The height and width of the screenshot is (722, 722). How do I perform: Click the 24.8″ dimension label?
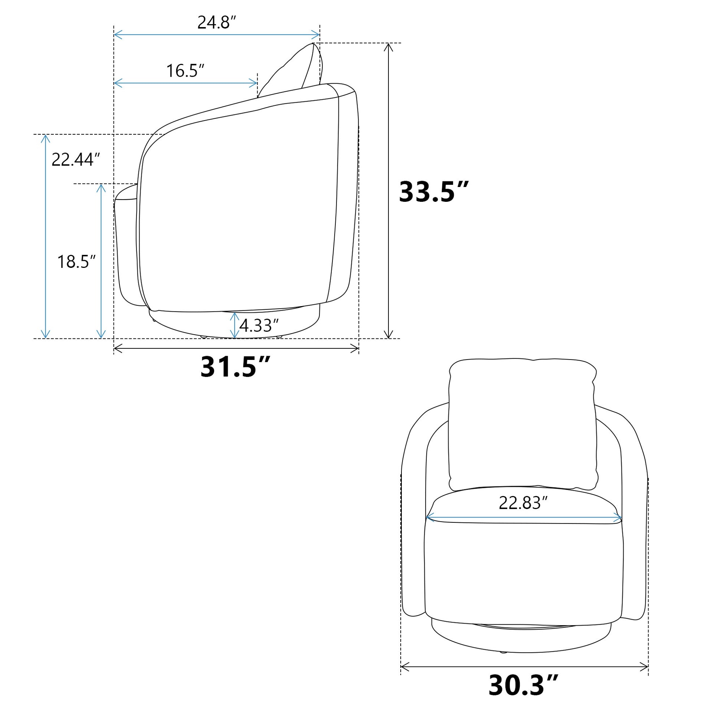click(217, 23)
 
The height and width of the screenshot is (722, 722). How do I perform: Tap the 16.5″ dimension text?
click(186, 70)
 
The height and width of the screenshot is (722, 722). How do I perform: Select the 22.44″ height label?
click(76, 160)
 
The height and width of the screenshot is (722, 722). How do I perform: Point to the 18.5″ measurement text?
click(76, 262)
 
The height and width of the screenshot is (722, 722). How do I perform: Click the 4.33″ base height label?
click(259, 325)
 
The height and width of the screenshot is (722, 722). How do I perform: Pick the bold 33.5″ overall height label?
click(433, 192)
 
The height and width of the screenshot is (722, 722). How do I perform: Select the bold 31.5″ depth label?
click(235, 367)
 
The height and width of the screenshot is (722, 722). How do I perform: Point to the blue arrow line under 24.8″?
click(217, 35)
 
